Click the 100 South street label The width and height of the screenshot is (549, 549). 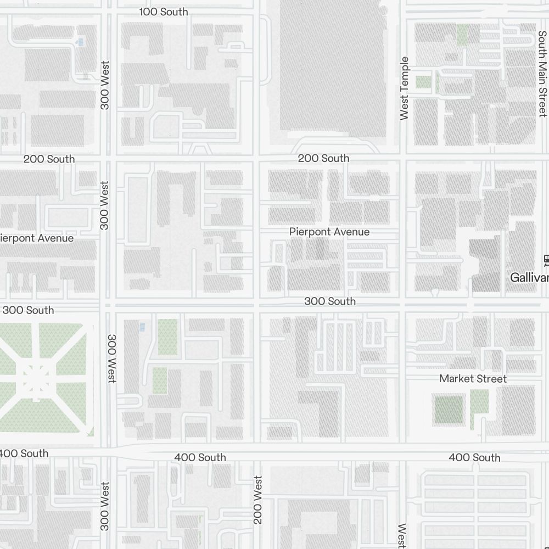click(164, 12)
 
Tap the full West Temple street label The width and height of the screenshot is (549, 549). click(405, 88)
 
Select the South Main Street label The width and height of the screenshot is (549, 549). click(542, 74)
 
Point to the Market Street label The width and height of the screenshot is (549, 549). click(473, 379)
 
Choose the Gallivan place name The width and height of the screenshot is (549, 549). click(529, 278)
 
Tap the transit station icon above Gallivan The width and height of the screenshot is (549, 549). click(546, 259)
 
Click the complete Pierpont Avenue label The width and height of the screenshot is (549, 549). click(329, 232)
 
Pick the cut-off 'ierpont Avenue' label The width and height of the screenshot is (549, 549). click(37, 238)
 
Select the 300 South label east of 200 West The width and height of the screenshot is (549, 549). click(330, 301)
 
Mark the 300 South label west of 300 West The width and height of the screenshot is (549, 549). click(32, 310)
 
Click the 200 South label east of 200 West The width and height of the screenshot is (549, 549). click(323, 158)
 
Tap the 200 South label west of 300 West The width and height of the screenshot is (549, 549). click(49, 159)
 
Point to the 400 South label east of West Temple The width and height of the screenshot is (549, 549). click(474, 457)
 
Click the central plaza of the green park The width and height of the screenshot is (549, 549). click(37, 378)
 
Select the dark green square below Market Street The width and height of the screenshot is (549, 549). click(449, 409)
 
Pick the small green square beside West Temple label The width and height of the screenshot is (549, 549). click(423, 82)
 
